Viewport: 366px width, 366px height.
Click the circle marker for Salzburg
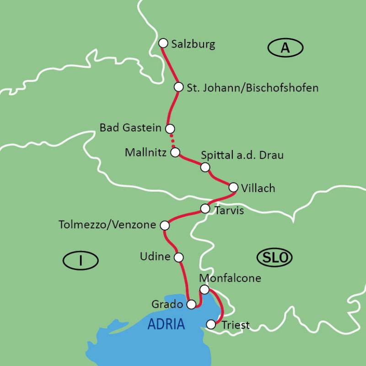pos(163,43)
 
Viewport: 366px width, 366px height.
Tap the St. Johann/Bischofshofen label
pos(253,87)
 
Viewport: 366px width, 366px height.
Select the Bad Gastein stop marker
pos(170,129)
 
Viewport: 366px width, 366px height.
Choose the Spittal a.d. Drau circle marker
pos(205,167)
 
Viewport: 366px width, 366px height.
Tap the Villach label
pos(258,188)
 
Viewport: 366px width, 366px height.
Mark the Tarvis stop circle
pos(205,209)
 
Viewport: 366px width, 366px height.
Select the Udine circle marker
pos(179,257)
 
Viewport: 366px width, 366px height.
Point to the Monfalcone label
pos(230,278)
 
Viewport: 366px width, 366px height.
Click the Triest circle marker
pos(211,324)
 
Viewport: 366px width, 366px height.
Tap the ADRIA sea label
pos(166,324)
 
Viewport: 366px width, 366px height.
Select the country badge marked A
pos(285,48)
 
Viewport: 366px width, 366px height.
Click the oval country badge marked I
pos(81,261)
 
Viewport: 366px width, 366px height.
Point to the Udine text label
pos(155,257)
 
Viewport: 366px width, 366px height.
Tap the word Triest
pos(236,325)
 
